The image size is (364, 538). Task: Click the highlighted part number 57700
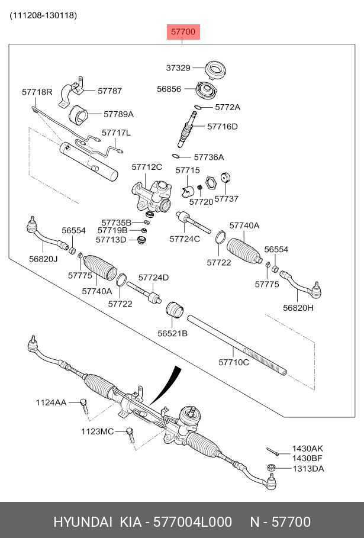tap(183, 32)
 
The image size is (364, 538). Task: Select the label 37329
tap(178, 68)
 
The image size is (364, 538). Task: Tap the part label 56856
tap(169, 88)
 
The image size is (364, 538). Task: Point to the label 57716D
tap(223, 126)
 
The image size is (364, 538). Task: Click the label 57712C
tap(147, 167)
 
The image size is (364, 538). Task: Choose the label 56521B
tap(172, 333)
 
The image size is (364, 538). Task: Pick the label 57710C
tap(234, 362)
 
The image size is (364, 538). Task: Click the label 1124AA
tap(51, 402)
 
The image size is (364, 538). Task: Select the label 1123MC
tap(97, 431)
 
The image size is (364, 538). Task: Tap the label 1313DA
tap(308, 468)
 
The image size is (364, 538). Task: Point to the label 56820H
tap(298, 307)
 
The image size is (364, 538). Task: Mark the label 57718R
tap(37, 92)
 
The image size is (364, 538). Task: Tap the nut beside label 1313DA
tap(271, 468)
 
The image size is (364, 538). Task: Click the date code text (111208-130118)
tap(43, 15)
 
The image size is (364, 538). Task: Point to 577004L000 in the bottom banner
tap(192, 521)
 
